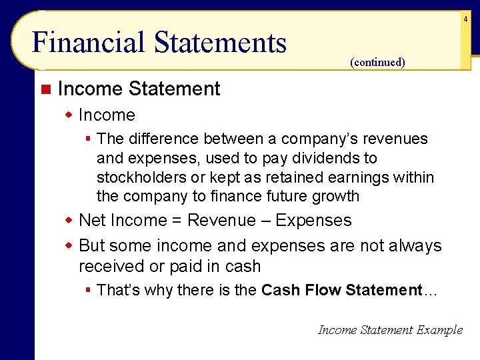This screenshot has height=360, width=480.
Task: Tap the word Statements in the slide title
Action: [x=220, y=43]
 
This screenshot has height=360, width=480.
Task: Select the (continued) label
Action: [x=377, y=62]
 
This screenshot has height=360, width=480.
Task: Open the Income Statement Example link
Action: [x=390, y=329]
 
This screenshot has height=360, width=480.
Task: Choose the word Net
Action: [x=93, y=221]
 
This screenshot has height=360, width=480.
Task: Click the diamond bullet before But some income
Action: [x=69, y=245]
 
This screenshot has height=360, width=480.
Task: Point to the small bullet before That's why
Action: [x=87, y=290]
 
